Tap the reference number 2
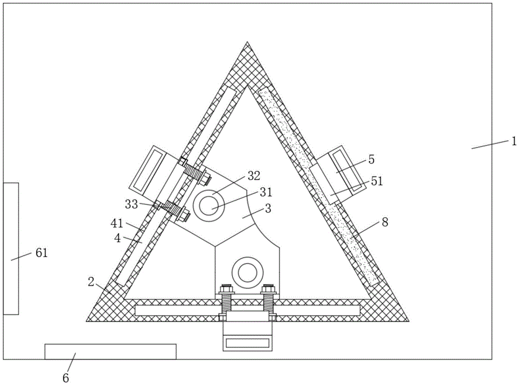[x=91, y=282]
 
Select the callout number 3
[x=268, y=209]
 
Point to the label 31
[x=266, y=192]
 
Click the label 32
[x=254, y=176]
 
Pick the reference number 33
[x=131, y=204]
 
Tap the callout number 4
[x=117, y=238]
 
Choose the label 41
[x=116, y=224]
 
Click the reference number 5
[x=372, y=159]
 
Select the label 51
[x=377, y=181]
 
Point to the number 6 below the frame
[x=66, y=378]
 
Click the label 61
[x=42, y=253]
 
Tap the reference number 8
[x=385, y=222]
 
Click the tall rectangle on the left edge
[x=10, y=249]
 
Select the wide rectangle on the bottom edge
[x=111, y=352]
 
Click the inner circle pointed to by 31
[x=209, y=206]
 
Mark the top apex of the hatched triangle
[x=247, y=42]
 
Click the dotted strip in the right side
[x=318, y=187]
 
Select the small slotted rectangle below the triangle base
[x=248, y=343]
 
